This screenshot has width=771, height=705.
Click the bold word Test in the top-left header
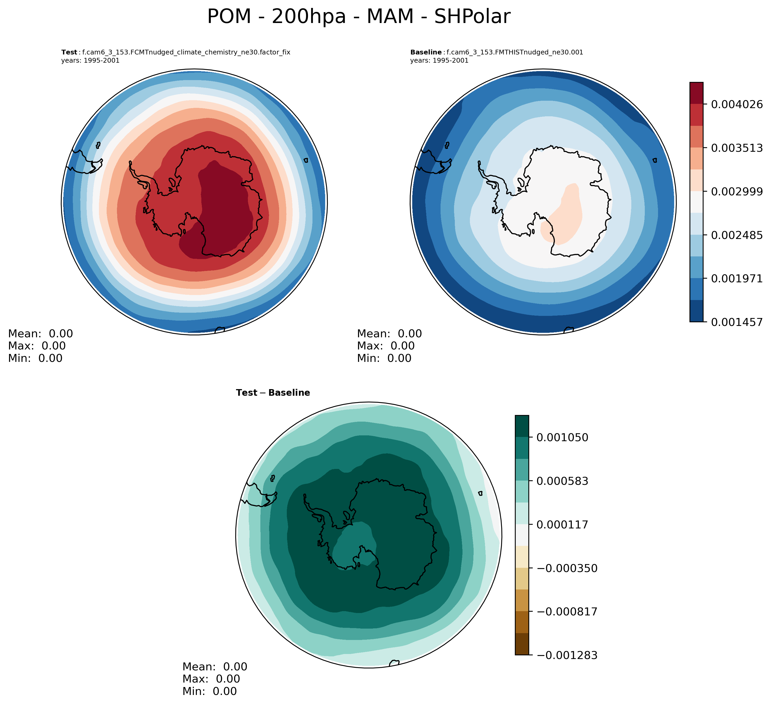69,52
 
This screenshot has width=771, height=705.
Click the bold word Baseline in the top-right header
426,52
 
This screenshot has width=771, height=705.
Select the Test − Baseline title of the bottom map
273,393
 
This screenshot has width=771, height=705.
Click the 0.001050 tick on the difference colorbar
562,437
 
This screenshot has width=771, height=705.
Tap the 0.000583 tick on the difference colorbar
562,481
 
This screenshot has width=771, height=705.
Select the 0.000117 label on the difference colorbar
562,525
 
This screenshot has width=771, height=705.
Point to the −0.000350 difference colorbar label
567,568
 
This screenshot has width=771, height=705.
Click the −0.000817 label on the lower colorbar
567,612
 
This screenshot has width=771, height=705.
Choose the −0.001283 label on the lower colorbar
567,655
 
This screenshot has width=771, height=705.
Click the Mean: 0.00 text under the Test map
40,334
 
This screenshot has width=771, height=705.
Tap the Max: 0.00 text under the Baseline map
385,346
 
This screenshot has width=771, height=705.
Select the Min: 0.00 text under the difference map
210,691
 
